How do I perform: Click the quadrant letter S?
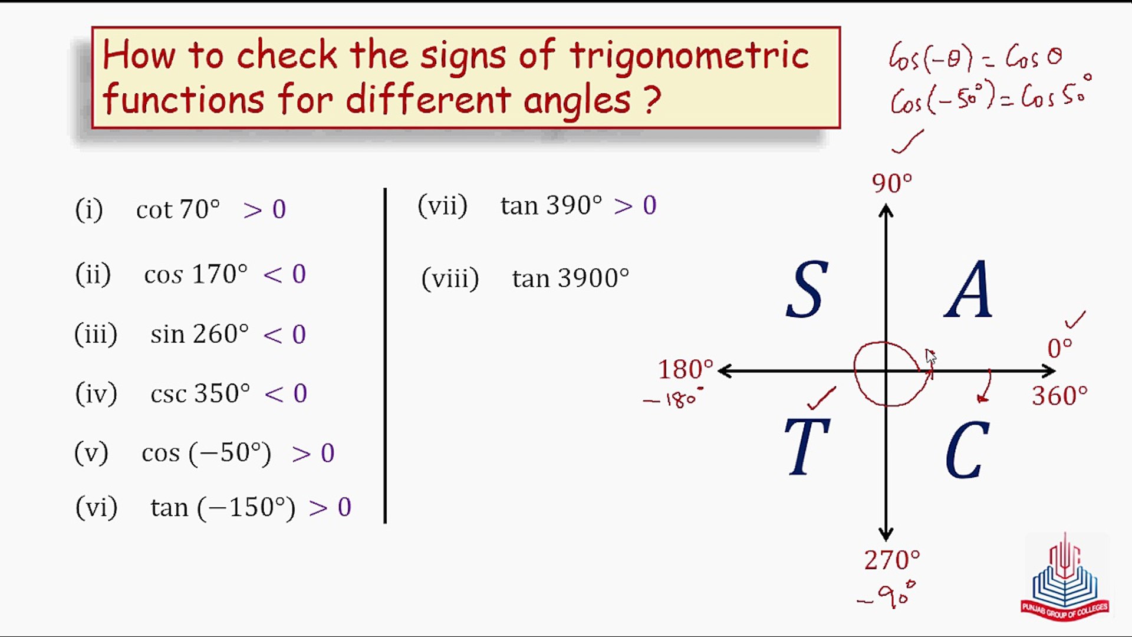(807, 290)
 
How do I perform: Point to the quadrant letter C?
(967, 450)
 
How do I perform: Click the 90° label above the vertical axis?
(891, 183)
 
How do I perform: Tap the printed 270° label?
(891, 560)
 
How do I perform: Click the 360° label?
(1059, 396)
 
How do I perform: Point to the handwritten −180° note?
(673, 400)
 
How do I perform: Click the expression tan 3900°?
(570, 278)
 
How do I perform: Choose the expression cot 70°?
(178, 209)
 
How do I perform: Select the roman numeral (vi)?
(96, 507)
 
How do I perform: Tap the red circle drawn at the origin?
(890, 374)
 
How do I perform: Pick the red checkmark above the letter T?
(821, 398)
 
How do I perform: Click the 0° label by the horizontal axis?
(1059, 349)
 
